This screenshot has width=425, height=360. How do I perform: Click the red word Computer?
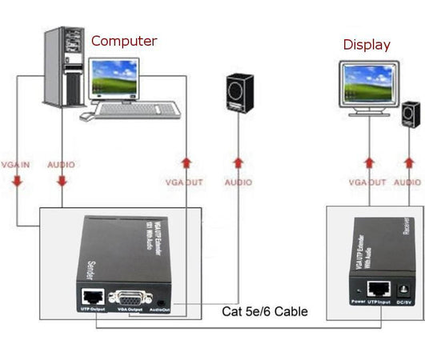[124, 41]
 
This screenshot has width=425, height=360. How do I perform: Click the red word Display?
[367, 45]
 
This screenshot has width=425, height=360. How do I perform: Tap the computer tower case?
[62, 70]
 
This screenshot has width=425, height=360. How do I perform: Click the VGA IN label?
[15, 165]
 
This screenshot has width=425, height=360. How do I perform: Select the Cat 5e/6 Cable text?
[264, 311]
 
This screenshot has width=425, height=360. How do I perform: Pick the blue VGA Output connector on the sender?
[131, 295]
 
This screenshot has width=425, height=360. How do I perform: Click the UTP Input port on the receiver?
[377, 289]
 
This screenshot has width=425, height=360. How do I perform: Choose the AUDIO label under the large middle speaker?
[239, 182]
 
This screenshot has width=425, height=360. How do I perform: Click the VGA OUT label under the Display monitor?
[367, 182]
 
